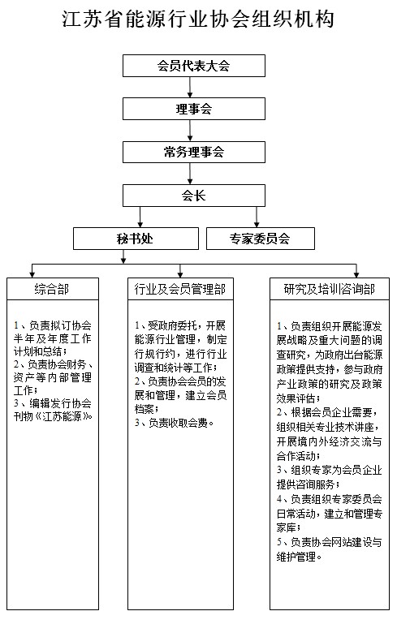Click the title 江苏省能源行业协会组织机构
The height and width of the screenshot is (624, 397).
point(198,19)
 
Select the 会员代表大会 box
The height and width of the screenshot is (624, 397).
point(194,66)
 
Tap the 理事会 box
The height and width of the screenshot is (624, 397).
point(194,109)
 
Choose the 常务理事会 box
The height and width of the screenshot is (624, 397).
point(194,152)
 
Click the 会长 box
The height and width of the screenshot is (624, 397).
point(194,196)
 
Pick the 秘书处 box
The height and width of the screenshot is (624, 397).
point(136,239)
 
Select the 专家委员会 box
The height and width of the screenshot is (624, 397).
point(261,239)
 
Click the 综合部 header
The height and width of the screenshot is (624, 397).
point(53,289)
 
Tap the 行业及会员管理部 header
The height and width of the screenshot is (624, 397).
point(180,289)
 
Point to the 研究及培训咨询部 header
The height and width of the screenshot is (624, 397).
point(330,289)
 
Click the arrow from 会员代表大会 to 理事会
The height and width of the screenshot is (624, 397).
point(190,87)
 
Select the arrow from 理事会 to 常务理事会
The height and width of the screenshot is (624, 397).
point(190,130)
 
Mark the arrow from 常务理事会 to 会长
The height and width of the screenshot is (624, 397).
point(190,174)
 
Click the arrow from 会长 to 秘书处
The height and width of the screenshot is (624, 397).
point(140,217)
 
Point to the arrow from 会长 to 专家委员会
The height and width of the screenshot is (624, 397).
point(257,217)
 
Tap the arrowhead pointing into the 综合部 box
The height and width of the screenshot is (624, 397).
point(32,274)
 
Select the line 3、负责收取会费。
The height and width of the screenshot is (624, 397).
point(175,423)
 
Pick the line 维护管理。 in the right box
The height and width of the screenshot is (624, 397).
point(299,557)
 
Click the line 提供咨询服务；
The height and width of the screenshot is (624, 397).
point(309,484)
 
